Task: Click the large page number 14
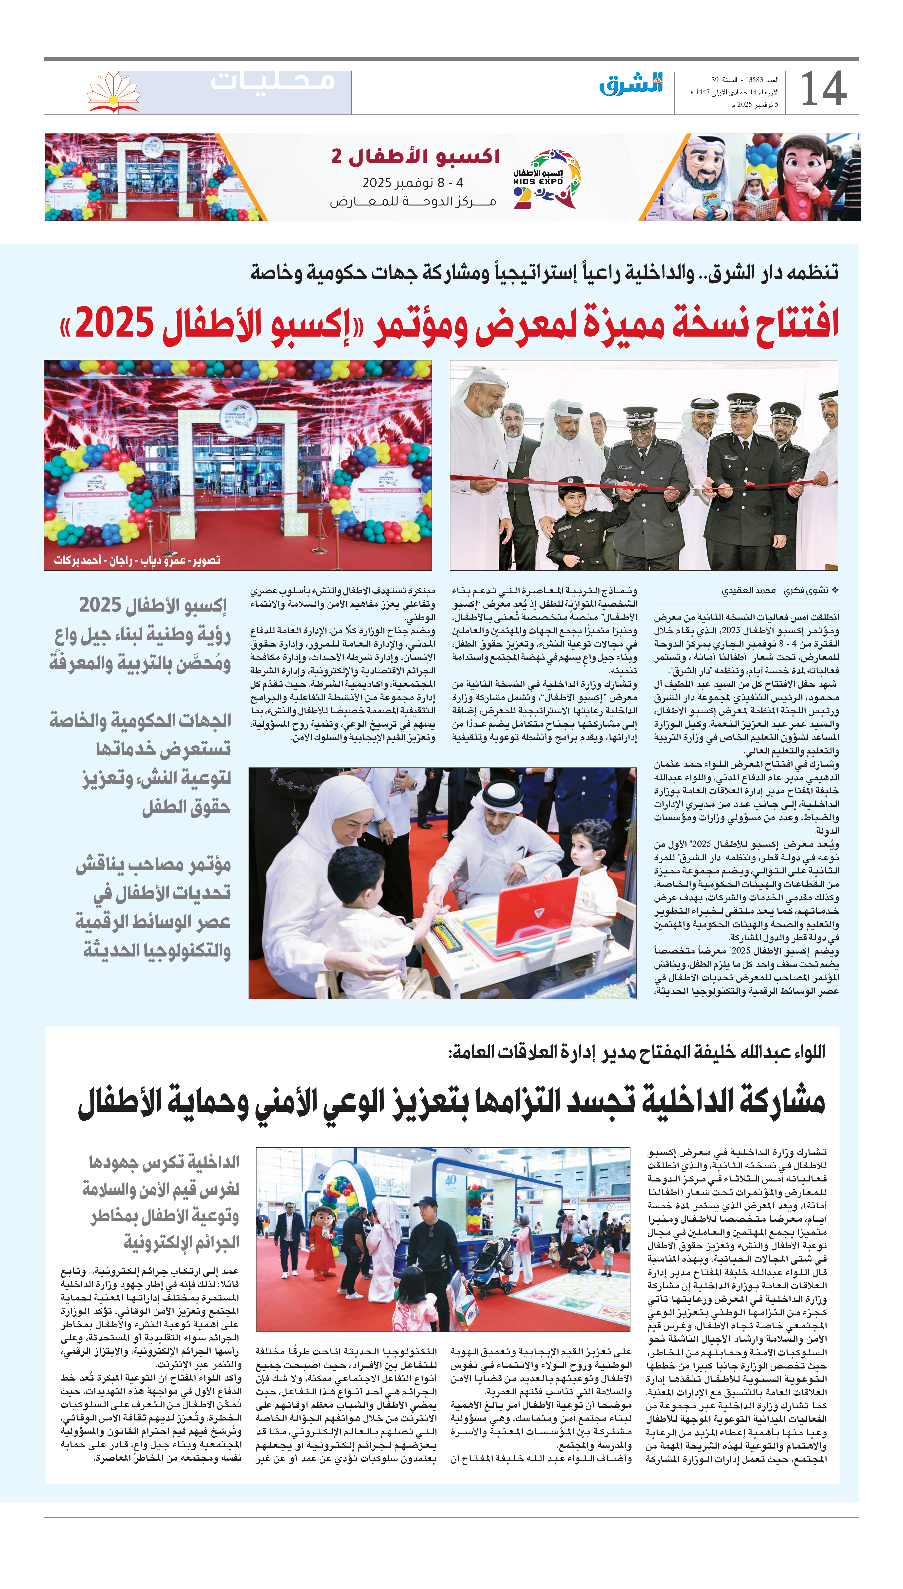point(823,89)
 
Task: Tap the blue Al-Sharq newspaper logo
point(631,84)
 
